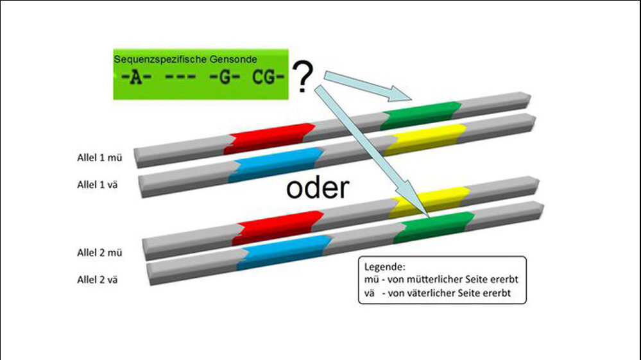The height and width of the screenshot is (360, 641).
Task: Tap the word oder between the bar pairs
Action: tap(317, 189)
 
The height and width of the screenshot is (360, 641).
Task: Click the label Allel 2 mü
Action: tap(96, 252)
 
